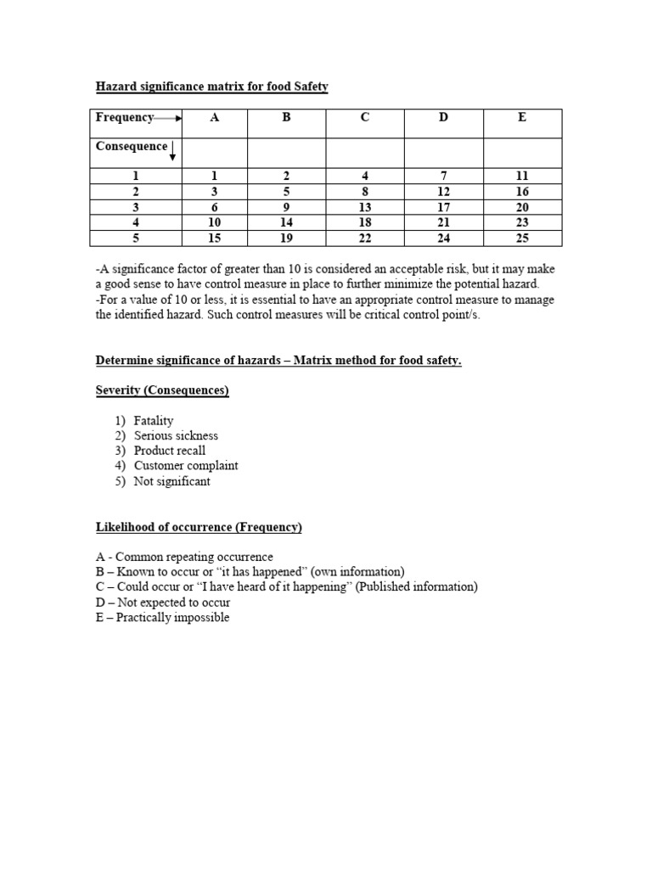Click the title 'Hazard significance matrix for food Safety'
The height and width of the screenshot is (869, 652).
pos(211,87)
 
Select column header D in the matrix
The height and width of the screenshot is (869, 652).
pos(443,118)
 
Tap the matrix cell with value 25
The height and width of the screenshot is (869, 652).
pos(522,238)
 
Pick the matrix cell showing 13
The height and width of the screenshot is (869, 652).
pos(365,207)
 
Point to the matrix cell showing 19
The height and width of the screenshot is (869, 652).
pos(286,238)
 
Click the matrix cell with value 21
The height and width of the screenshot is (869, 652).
pos(443,222)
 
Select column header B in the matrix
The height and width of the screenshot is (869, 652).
pos(286,118)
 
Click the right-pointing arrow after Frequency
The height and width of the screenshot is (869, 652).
pos(169,119)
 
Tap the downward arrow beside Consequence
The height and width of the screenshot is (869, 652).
pos(173,152)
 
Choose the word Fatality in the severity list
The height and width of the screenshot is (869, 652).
pos(154,420)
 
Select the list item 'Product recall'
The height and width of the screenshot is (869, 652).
pos(170,451)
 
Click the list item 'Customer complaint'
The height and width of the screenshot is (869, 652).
pos(186,466)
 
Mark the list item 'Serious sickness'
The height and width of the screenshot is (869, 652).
pos(176,435)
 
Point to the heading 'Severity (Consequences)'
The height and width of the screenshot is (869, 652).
pos(162,390)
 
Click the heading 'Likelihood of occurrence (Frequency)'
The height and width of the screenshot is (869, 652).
pos(199,527)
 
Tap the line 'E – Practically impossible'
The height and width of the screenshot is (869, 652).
pos(162,618)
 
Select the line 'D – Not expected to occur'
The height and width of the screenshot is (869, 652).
pos(163,603)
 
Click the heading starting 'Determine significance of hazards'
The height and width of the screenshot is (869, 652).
pos(278,361)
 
